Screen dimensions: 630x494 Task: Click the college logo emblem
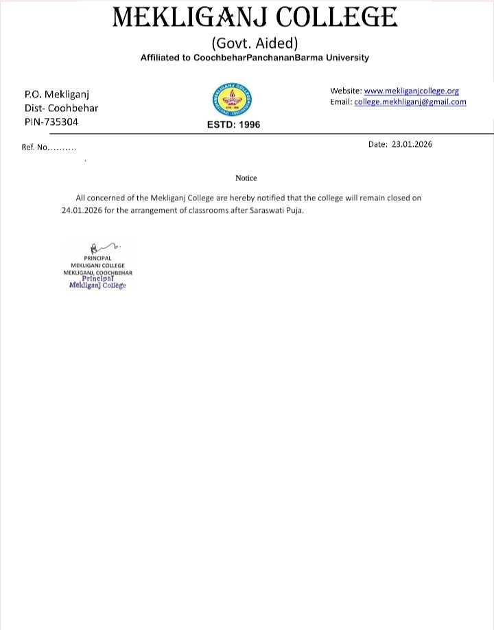pyautogui.click(x=233, y=102)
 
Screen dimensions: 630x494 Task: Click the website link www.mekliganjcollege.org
pyautogui.click(x=411, y=91)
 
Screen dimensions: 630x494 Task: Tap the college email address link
pyautogui.click(x=410, y=102)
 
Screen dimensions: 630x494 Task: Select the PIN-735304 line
pyautogui.click(x=51, y=121)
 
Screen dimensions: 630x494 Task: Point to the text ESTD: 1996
pyautogui.click(x=233, y=125)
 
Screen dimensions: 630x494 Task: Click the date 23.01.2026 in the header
pyautogui.click(x=412, y=144)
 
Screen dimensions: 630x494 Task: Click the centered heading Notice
pyautogui.click(x=246, y=178)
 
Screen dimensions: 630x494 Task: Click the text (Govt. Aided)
pyautogui.click(x=255, y=43)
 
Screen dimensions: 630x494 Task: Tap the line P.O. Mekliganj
pyautogui.click(x=57, y=94)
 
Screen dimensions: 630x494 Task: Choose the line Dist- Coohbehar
pyautogui.click(x=61, y=108)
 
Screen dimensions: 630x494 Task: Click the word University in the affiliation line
pyautogui.click(x=347, y=58)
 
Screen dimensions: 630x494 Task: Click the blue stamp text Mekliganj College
pyautogui.click(x=98, y=285)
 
